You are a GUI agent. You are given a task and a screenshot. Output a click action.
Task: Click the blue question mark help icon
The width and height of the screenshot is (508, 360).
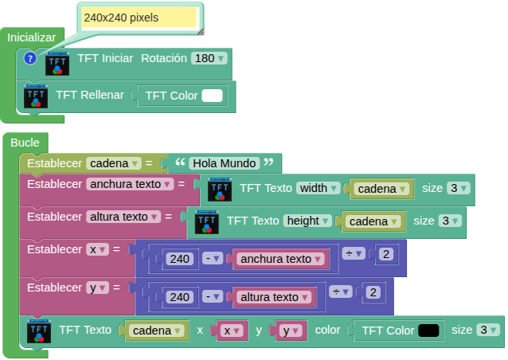click(30, 58)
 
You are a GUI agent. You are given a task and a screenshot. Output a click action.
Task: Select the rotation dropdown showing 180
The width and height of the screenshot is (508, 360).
click(209, 58)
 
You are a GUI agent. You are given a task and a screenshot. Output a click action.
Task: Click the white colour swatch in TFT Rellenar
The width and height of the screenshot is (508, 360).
click(212, 96)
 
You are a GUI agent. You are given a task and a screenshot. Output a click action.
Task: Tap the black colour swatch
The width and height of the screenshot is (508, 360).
click(429, 330)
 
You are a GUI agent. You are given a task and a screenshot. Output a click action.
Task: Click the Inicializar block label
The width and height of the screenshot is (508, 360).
click(32, 37)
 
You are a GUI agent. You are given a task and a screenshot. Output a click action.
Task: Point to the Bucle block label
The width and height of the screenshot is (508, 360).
click(25, 142)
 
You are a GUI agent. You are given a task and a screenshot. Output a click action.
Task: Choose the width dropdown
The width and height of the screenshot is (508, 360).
click(318, 189)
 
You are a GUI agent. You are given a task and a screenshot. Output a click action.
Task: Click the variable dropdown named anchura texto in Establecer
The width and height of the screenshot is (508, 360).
click(131, 184)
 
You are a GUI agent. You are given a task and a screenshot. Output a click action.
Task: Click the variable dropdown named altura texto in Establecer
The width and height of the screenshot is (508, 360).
click(124, 216)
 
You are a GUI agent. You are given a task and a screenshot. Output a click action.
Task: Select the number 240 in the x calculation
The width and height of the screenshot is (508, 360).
click(179, 258)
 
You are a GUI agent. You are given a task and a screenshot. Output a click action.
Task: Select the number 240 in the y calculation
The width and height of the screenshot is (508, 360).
click(179, 296)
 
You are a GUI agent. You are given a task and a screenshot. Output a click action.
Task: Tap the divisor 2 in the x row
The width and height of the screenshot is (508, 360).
click(385, 254)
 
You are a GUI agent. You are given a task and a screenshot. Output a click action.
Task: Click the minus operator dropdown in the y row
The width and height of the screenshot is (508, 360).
click(212, 296)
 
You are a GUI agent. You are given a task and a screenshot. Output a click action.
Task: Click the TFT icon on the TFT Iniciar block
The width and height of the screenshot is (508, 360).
click(57, 64)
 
